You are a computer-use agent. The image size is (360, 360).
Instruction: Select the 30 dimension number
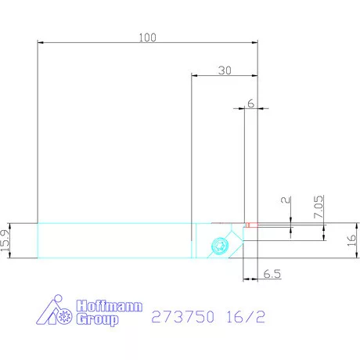click(225, 70)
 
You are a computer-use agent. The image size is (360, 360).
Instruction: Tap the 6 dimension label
click(250, 103)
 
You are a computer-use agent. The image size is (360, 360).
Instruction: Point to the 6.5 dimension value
click(272, 275)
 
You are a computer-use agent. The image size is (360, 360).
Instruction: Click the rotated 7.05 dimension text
click(319, 207)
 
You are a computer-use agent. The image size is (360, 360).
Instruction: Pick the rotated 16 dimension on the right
click(351, 240)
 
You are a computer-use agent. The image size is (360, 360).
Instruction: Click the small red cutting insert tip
click(248, 225)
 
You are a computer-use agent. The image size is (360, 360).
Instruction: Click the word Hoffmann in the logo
click(109, 306)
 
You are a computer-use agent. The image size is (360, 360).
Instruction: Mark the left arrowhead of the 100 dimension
click(41, 43)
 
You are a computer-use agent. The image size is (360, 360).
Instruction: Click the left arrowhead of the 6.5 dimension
click(247, 278)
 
